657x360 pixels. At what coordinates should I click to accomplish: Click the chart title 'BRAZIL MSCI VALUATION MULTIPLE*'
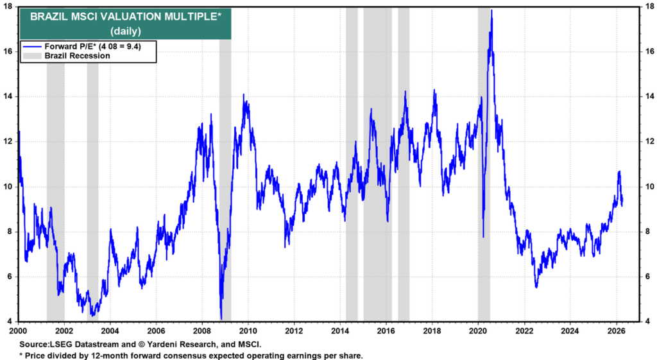(x=126, y=17)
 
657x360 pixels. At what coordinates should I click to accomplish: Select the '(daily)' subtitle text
(x=126, y=31)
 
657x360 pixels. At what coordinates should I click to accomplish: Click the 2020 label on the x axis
(x=479, y=331)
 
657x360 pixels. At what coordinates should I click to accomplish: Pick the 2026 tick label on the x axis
(x=617, y=331)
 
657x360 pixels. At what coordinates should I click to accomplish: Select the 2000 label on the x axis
(x=18, y=331)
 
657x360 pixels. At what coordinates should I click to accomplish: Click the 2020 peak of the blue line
(x=491, y=10)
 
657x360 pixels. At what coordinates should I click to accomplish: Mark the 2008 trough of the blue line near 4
(x=221, y=318)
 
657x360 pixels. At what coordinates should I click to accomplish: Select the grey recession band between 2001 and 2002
(x=55, y=193)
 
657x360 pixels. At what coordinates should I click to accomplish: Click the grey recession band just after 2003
(x=93, y=193)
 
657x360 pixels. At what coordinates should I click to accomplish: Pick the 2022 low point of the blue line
(x=536, y=287)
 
